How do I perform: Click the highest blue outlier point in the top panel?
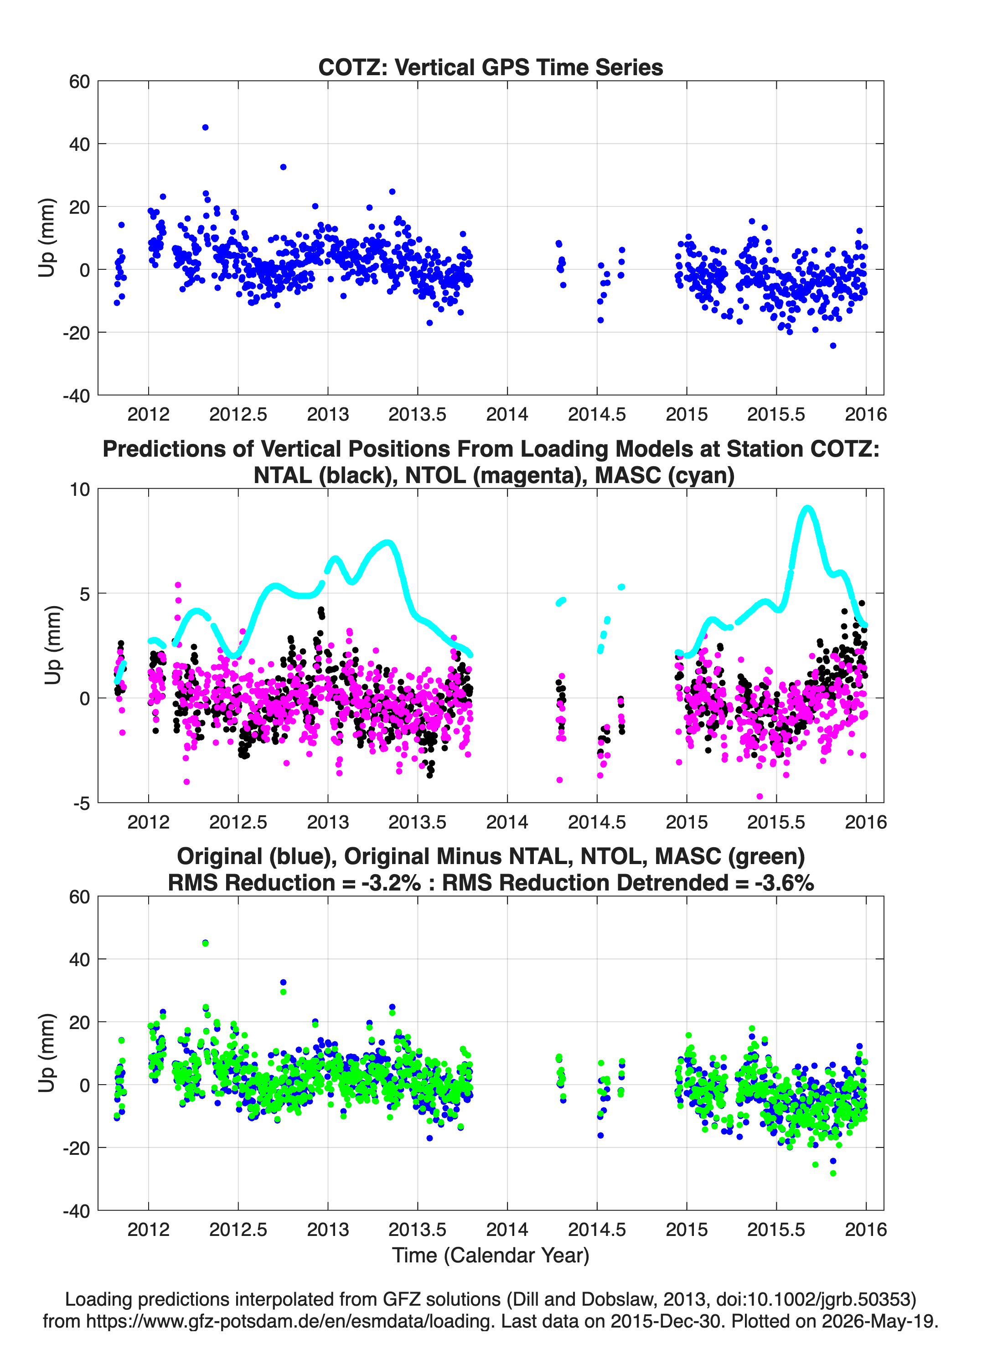tap(205, 128)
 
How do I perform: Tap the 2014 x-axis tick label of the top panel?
tap(507, 414)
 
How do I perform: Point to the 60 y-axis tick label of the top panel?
tap(80, 82)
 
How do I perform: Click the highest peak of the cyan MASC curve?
tap(807, 508)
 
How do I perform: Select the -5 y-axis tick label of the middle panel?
tap(82, 803)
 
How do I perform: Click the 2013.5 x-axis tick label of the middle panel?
tap(417, 822)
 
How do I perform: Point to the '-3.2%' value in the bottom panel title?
tap(391, 883)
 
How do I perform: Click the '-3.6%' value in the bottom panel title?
tap(784, 883)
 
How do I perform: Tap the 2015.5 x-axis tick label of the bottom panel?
tap(776, 1230)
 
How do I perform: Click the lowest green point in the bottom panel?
tap(833, 1173)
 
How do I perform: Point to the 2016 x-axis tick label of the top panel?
tap(866, 414)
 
